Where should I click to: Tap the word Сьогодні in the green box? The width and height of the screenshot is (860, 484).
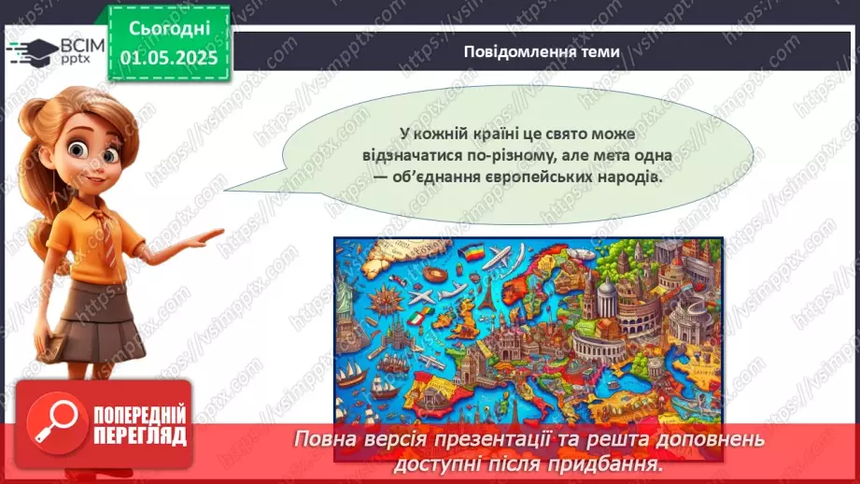click(168, 29)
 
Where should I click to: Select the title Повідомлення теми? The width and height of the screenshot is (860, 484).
click(541, 52)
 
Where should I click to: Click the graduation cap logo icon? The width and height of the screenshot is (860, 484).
click(32, 49)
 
